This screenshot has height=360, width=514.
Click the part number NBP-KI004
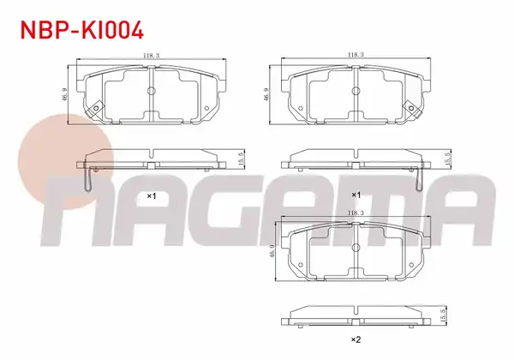click(x=82, y=30)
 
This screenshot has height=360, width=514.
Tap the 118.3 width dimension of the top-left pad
click(x=151, y=56)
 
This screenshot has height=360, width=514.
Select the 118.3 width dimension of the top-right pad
click(x=356, y=54)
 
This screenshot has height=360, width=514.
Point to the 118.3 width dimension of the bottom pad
click(x=356, y=213)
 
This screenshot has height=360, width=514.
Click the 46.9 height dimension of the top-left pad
click(x=65, y=94)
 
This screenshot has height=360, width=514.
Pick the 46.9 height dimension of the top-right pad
click(x=266, y=94)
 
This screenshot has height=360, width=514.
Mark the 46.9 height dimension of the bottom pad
click(x=272, y=251)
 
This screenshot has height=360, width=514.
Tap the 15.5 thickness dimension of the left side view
click(x=242, y=159)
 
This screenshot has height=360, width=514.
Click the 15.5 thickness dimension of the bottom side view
click(x=444, y=315)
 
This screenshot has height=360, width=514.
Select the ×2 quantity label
click(x=356, y=339)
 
